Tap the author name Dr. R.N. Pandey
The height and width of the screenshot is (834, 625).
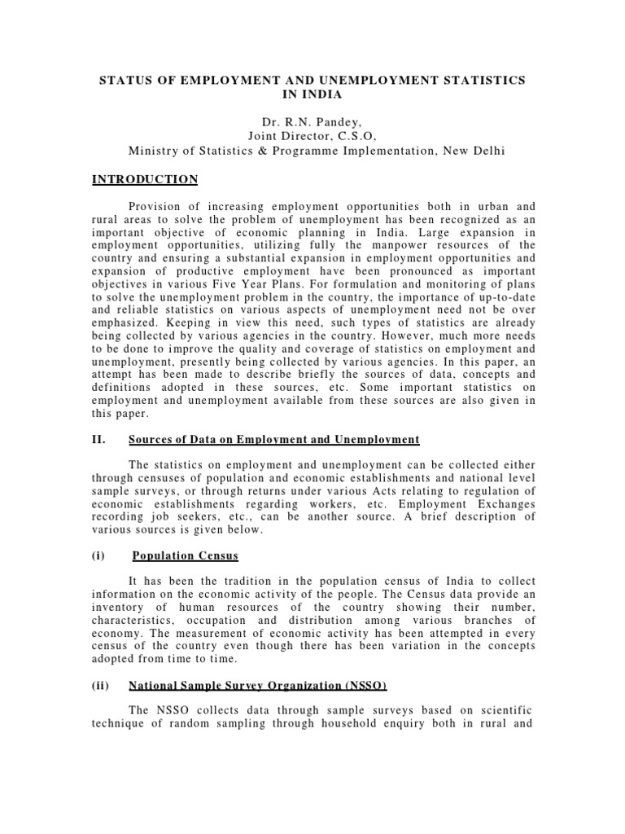[312, 122]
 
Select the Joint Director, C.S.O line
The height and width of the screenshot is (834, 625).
[312, 136]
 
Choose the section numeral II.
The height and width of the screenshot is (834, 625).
[98, 440]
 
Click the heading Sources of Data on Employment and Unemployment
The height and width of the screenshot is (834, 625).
[274, 440]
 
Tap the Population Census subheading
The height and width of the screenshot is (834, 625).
[186, 558]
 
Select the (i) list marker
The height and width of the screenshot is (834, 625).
[98, 558]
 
